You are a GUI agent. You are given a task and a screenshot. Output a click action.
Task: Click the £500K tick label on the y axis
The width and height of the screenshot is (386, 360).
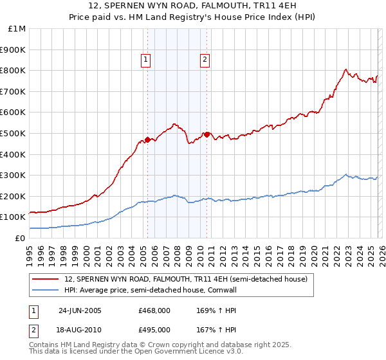pos(13,133)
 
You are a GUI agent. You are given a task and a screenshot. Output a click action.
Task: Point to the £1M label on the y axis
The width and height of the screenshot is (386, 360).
pos(17,28)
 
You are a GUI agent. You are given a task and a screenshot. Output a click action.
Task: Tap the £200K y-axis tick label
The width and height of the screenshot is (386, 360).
pos(13,196)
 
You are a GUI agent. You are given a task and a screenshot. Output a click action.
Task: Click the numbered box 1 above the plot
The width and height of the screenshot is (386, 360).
pos(146,60)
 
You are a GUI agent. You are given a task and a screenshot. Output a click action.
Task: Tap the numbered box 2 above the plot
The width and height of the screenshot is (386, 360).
pos(205,60)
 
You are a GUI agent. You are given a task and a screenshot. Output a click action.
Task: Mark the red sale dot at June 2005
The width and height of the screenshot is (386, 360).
pos(147,139)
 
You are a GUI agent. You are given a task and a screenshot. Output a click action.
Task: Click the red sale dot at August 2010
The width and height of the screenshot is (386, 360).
pos(207,134)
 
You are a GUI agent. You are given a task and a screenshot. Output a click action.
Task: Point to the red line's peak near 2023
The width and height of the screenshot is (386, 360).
pos(345,69)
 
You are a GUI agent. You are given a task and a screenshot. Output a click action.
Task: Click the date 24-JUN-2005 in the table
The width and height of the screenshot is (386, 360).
pos(80,310)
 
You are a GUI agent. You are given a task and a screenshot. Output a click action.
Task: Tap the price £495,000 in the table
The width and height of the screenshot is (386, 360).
pos(154,329)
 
